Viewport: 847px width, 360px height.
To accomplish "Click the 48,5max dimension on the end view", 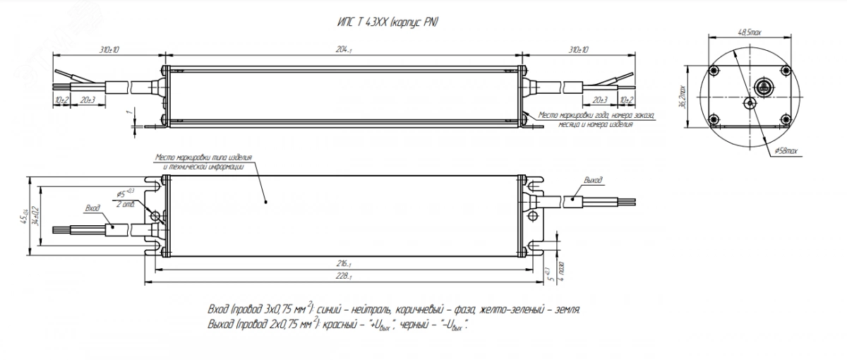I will [x=750, y=32].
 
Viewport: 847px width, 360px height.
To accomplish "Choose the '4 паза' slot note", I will [x=560, y=272].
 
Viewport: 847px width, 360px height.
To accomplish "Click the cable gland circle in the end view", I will [x=762, y=88].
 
